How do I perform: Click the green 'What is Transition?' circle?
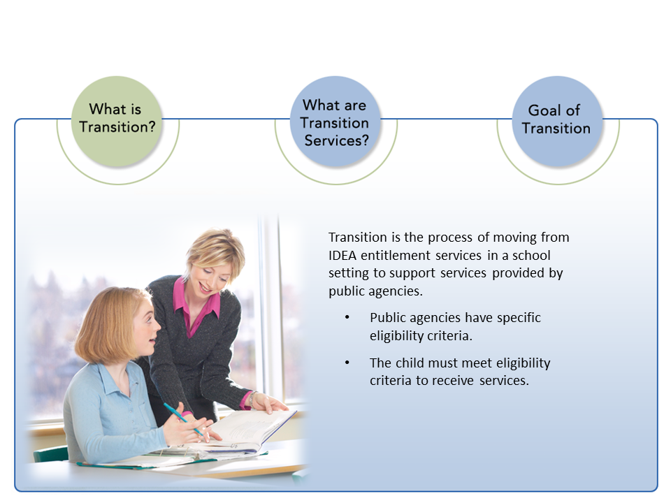click(117, 121)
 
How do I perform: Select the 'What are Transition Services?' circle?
click(335, 121)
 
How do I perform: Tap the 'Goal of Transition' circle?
click(557, 121)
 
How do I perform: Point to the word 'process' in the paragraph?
click(450, 238)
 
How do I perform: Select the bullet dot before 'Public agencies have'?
click(347, 317)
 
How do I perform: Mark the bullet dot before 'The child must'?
click(347, 363)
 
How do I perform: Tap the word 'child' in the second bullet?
click(410, 363)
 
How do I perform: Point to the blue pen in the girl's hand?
click(183, 418)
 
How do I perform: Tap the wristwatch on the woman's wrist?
click(252, 399)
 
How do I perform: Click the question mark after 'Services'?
click(365, 140)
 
